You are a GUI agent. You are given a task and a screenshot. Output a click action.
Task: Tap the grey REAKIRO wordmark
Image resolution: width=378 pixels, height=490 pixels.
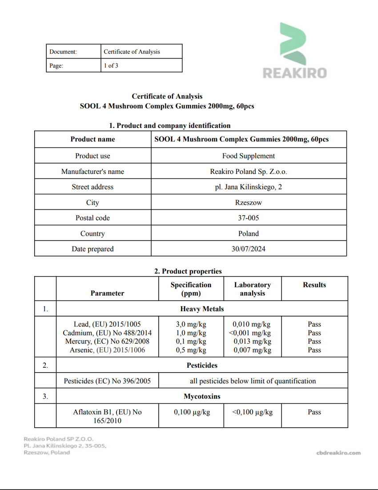[294, 73]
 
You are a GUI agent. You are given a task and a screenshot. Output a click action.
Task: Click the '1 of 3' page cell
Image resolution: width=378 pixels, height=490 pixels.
[111, 66]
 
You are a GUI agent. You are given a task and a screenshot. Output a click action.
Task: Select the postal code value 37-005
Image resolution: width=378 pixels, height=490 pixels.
[248, 218]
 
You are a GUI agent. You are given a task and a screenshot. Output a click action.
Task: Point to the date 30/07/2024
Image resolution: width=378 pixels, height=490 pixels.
[248, 249]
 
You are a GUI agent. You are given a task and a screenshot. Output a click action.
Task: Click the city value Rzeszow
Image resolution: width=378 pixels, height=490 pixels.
[248, 202]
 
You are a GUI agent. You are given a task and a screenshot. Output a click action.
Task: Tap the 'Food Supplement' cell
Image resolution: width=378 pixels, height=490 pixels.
[248, 156]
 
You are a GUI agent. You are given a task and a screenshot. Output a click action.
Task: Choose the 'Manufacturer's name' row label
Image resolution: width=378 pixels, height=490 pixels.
[92, 172]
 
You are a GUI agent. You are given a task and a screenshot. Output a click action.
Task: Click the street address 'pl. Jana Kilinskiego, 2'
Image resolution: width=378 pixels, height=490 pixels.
[248, 187]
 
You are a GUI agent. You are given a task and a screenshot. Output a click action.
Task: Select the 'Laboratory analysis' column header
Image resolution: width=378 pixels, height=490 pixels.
[252, 289]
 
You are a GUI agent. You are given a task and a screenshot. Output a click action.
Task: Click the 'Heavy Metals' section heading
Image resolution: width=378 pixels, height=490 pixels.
[202, 309]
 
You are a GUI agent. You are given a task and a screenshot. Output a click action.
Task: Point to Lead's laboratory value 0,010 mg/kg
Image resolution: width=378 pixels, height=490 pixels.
[251, 324]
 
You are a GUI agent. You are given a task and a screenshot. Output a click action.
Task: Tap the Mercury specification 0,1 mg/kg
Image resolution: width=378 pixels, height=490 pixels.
[191, 341]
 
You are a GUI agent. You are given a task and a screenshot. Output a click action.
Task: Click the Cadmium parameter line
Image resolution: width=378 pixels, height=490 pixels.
[107, 333]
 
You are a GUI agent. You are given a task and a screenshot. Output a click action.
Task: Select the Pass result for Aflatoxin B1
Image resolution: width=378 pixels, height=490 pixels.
[314, 412]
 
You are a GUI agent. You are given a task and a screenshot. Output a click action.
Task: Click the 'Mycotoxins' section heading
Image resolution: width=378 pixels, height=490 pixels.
[202, 396]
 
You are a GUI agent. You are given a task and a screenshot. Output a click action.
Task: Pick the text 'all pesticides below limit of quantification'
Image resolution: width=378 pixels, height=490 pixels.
[253, 381]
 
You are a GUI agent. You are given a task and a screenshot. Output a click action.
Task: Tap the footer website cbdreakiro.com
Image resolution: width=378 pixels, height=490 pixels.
[338, 453]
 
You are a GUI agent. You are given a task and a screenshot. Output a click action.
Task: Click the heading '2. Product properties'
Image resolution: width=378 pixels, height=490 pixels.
[188, 271]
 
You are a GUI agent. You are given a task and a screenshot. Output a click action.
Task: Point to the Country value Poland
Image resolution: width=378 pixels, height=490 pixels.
[248, 233]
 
